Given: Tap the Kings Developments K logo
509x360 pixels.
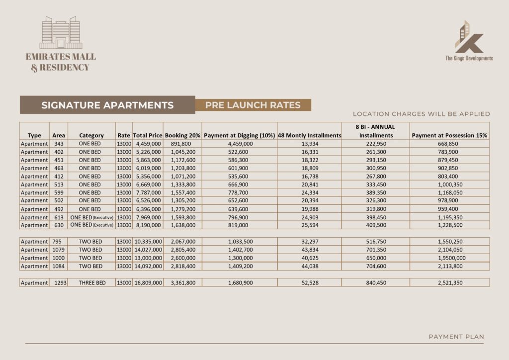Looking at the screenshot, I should [x=469, y=38].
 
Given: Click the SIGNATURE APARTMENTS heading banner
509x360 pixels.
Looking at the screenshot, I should [x=107, y=105].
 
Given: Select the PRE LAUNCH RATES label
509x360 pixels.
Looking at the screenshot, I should [x=253, y=105].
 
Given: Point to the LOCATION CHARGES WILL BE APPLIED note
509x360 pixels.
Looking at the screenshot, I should [x=421, y=114].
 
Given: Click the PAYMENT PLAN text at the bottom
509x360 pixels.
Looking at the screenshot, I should [x=456, y=337].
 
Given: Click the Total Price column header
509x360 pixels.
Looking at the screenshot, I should [x=148, y=135].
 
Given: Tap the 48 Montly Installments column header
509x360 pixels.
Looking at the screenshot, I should [x=309, y=135].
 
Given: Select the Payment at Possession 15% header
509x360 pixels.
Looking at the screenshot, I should [x=449, y=135].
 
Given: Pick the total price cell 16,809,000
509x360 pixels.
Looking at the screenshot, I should [x=148, y=282].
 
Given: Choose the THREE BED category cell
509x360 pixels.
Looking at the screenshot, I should [x=91, y=282].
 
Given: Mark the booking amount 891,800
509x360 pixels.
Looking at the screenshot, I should [x=182, y=144].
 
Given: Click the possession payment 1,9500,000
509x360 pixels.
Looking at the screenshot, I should [x=449, y=258].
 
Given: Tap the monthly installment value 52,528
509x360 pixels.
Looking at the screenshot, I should [x=309, y=282].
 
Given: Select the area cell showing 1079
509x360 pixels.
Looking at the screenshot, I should [x=58, y=250].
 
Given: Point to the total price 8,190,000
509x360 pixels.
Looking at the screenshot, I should [x=148, y=225].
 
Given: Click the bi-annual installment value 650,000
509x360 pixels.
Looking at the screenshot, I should [x=376, y=258].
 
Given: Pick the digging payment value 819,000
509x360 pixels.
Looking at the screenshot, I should [x=240, y=225].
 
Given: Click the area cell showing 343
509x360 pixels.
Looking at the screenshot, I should [x=58, y=144].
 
